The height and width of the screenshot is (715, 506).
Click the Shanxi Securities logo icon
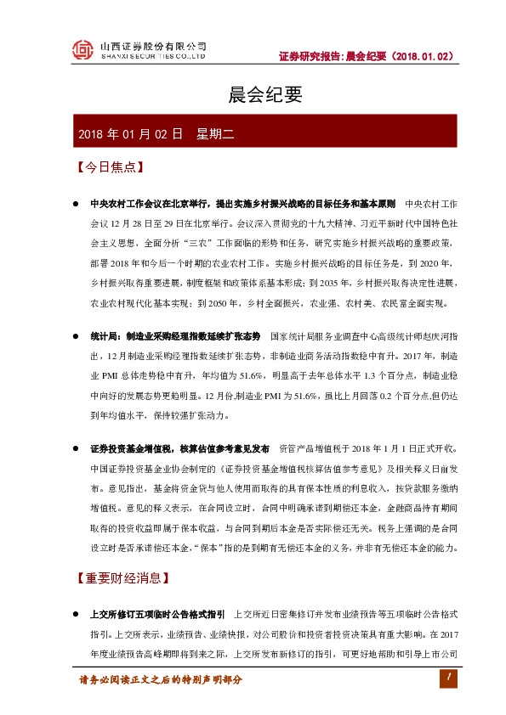point(82,51)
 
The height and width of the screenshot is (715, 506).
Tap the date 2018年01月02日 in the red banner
point(130,133)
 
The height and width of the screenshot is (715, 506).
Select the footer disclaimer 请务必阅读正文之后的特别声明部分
point(161,680)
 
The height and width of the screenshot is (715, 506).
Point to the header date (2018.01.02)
point(422,57)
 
